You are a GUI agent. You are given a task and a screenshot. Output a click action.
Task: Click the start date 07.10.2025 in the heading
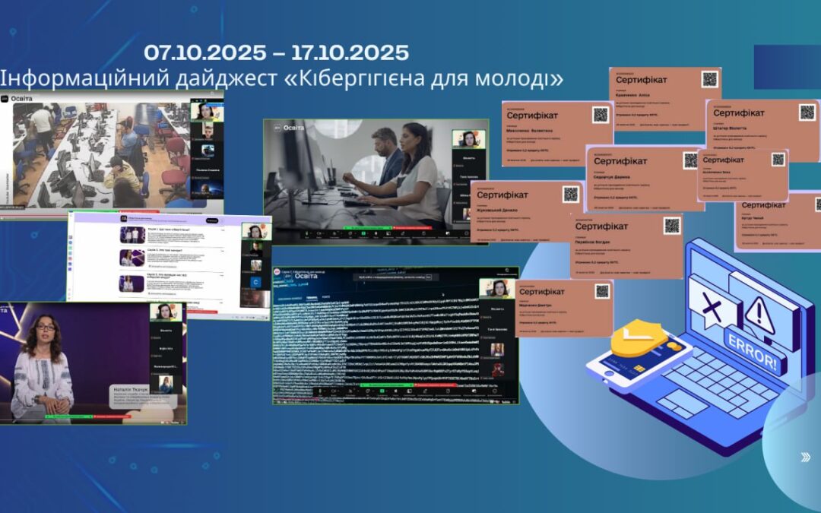[x=205, y=52]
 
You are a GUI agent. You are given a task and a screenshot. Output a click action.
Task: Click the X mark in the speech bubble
[x=711, y=308]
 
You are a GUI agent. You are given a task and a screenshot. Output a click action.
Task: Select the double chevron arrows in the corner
[x=805, y=457]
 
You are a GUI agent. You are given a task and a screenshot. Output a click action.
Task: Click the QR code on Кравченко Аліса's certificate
[x=709, y=79]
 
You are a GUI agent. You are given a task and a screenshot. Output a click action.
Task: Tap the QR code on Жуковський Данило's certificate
[x=570, y=194]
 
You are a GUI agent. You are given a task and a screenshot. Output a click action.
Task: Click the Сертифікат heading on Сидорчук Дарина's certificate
[x=620, y=161]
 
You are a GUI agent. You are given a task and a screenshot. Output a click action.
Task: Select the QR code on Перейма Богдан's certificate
[x=672, y=226]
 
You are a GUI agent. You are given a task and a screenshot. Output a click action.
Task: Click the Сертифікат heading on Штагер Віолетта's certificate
[x=738, y=113]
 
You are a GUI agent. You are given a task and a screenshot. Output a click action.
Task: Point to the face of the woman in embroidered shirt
[x=44, y=329]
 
